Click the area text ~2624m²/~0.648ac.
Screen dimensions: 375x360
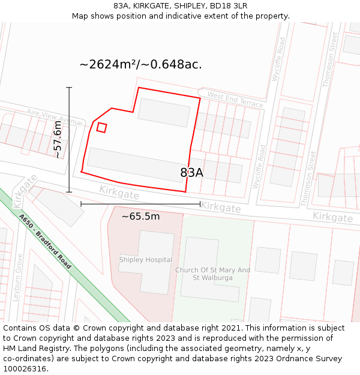(140, 65)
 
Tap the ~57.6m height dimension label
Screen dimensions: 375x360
(58, 139)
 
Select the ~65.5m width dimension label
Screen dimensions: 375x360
(140, 216)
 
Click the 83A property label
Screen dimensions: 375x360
(192, 173)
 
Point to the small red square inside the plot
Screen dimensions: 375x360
(102, 127)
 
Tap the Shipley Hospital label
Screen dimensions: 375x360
(145, 260)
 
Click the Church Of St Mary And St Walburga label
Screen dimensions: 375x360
(212, 274)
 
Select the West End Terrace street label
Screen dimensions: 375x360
(235, 100)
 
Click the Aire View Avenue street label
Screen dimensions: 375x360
(55, 117)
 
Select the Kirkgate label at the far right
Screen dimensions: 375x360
(332, 217)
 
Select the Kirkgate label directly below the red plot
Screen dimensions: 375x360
(119, 193)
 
